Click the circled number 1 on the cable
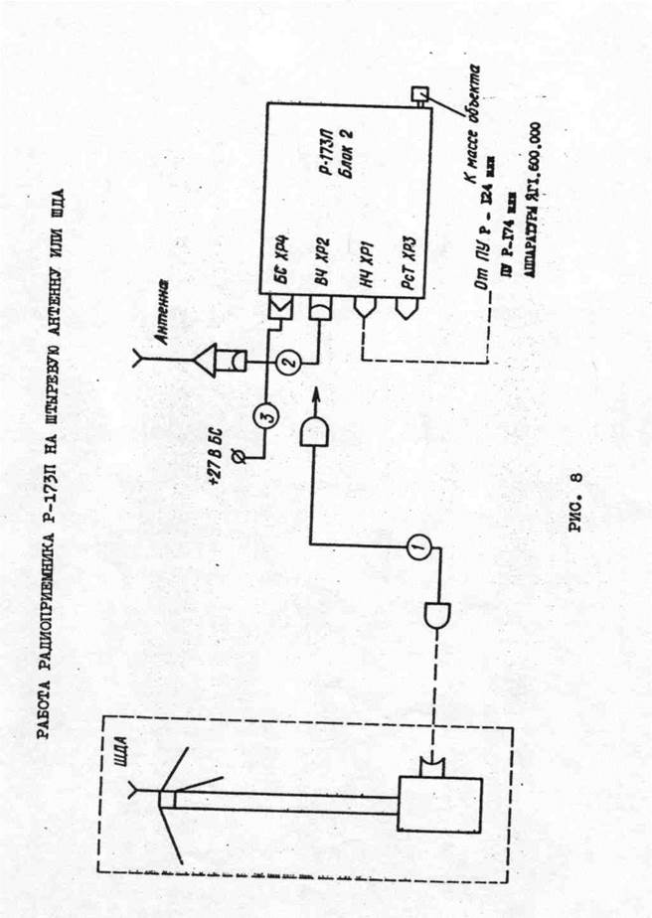coord(416,544)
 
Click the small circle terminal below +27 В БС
coord(247,455)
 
